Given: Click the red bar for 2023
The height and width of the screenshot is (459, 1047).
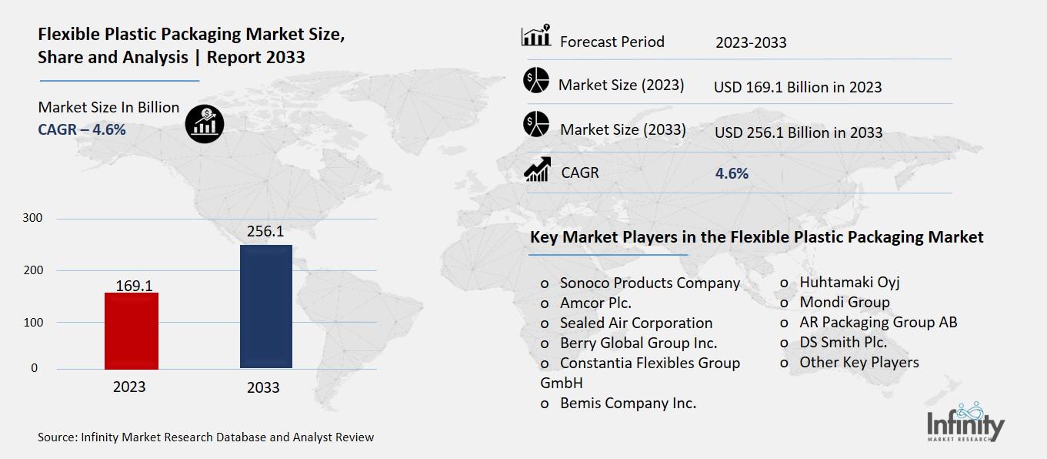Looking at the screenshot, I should [131, 331].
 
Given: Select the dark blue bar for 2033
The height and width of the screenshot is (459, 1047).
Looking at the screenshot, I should [265, 307].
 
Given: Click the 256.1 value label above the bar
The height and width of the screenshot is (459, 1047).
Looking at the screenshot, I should [265, 231].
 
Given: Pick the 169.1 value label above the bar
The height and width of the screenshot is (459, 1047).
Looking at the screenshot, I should [134, 286].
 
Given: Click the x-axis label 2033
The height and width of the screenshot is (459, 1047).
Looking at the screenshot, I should [263, 388].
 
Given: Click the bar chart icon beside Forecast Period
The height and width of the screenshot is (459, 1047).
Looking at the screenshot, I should [535, 36].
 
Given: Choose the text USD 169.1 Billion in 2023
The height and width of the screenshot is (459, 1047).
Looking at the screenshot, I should [798, 87].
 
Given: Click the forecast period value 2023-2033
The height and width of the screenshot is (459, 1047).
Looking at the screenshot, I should [751, 42].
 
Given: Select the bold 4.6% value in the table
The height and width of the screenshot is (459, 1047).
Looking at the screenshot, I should [732, 173].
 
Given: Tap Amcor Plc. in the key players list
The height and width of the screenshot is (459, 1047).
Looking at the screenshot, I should [595, 303].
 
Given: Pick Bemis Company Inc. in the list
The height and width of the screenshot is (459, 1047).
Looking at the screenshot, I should [628, 403].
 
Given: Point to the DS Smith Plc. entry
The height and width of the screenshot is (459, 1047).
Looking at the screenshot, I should [843, 342].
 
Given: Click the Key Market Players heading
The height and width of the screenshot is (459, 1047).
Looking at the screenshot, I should [756, 237].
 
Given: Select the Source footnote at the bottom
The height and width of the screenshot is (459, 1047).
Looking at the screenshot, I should [206, 437].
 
